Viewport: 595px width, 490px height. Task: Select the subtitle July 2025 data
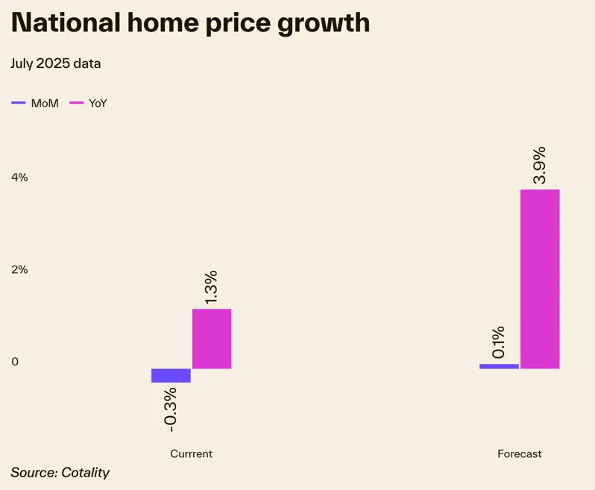click(x=56, y=63)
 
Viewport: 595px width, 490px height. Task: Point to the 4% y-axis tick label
click(x=19, y=178)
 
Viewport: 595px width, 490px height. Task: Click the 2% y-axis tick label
click(x=19, y=270)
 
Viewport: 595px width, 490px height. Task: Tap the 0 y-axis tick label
click(x=14, y=362)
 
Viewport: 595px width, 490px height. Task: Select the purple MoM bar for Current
click(x=171, y=375)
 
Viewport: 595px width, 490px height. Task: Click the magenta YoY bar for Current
click(x=212, y=339)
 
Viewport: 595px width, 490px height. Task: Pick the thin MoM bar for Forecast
click(x=499, y=366)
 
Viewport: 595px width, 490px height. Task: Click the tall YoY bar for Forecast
click(x=540, y=279)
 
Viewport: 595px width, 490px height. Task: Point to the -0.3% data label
click(x=170, y=409)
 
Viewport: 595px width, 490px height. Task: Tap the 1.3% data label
click(x=211, y=286)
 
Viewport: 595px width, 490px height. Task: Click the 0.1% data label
click(x=498, y=342)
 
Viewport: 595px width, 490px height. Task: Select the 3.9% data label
click(x=539, y=164)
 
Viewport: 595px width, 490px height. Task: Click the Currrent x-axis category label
click(x=191, y=453)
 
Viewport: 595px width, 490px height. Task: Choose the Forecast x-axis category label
click(x=520, y=453)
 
